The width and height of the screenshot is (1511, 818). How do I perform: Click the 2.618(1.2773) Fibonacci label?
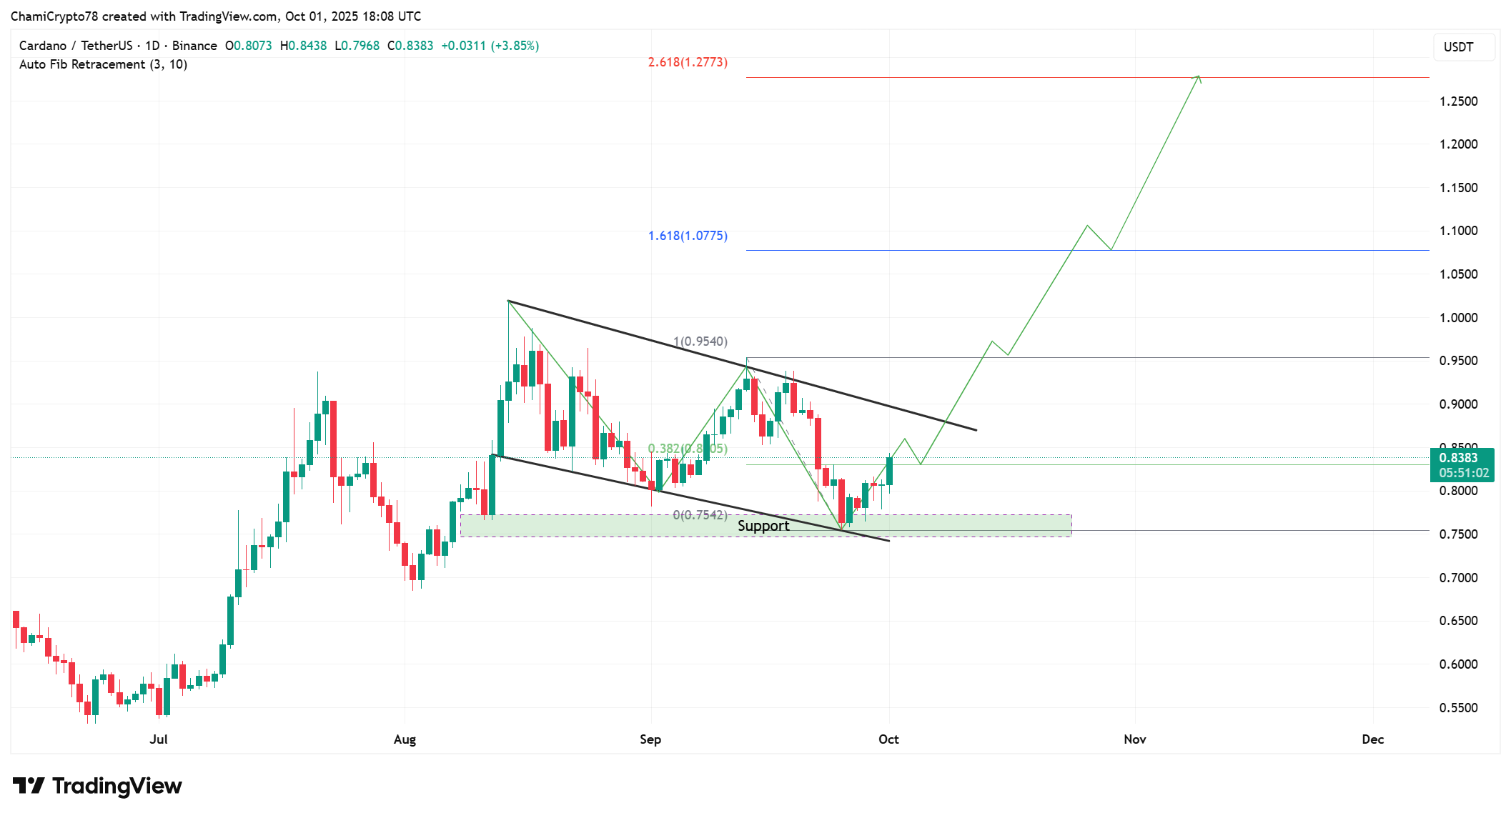[x=688, y=62]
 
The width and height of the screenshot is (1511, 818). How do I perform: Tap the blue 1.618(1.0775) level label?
[x=688, y=236]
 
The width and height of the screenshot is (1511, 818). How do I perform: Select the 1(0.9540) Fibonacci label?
[x=700, y=341]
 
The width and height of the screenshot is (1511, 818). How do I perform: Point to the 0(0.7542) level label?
[x=700, y=515]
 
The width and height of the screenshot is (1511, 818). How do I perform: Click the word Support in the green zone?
[x=763, y=526]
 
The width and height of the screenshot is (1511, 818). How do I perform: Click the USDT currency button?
[x=1458, y=47]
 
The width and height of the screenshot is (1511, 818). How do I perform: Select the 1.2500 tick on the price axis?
[x=1458, y=101]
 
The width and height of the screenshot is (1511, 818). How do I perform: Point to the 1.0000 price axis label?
[x=1458, y=318]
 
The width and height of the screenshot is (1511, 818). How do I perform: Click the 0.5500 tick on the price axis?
[x=1458, y=708]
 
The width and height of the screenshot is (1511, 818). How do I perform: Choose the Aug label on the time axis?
[x=405, y=739]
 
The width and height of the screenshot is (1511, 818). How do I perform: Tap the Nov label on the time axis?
[x=1134, y=739]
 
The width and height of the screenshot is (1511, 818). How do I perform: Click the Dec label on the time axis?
[x=1372, y=739]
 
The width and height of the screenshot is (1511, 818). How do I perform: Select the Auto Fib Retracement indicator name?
[x=103, y=64]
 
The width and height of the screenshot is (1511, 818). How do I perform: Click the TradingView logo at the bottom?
[x=97, y=786]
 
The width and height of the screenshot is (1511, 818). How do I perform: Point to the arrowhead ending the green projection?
[x=1199, y=77]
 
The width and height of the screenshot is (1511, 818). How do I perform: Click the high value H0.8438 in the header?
[x=303, y=46]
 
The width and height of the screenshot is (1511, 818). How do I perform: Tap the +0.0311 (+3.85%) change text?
[x=490, y=46]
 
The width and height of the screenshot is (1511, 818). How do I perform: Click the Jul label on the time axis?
[x=159, y=739]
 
